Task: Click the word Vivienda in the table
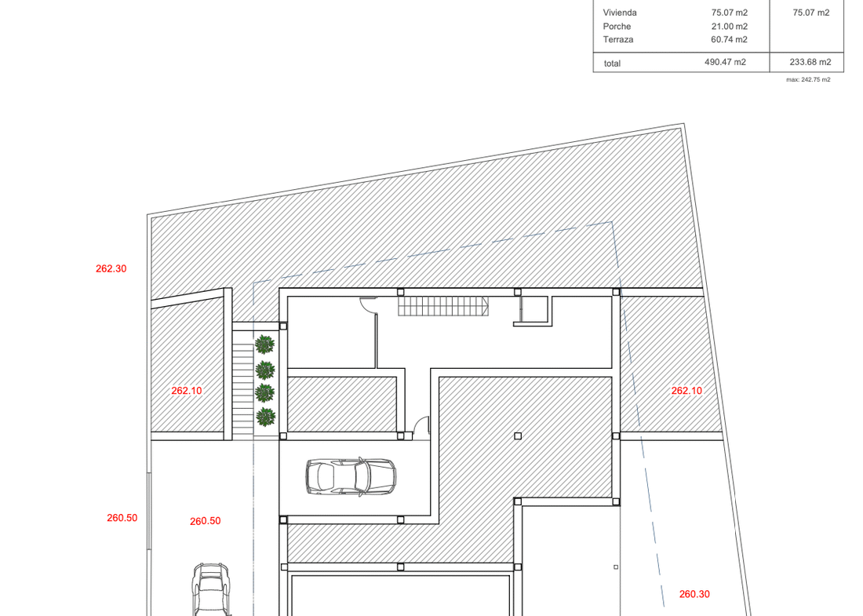tap(620, 13)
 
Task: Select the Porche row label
tap(617, 27)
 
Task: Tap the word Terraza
tap(618, 40)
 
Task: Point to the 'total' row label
tap(612, 64)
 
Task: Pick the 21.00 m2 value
tap(730, 27)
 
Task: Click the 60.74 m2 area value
tap(730, 40)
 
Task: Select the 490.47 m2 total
tap(726, 62)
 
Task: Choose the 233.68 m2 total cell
tap(810, 62)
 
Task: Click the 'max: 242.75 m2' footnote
tap(808, 80)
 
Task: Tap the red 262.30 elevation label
tap(111, 268)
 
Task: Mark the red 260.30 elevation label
tap(694, 594)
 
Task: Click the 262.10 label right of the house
tap(687, 391)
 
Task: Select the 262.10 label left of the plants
tap(187, 391)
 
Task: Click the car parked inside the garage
tap(351, 476)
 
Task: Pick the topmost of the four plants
tap(264, 345)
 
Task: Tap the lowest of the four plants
tap(265, 417)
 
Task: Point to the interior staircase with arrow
tap(443, 306)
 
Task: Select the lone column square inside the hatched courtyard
tap(518, 436)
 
